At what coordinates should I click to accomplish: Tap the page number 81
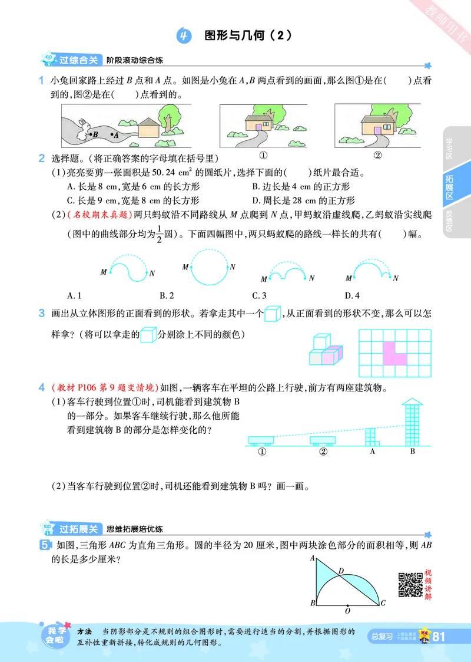pyautogui.click(x=439, y=637)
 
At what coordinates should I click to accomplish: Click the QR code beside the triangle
pyautogui.click(x=410, y=584)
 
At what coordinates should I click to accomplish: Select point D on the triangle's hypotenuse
pyautogui.click(x=341, y=571)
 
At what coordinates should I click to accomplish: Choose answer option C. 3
pyautogui.click(x=259, y=295)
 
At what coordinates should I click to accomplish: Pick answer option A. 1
pyautogui.click(x=74, y=295)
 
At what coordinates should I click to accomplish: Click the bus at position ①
pyautogui.click(x=262, y=440)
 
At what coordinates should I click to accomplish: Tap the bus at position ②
pyautogui.click(x=323, y=440)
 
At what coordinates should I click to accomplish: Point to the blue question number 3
pyautogui.click(x=41, y=312)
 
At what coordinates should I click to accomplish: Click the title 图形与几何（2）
pyautogui.click(x=247, y=35)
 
